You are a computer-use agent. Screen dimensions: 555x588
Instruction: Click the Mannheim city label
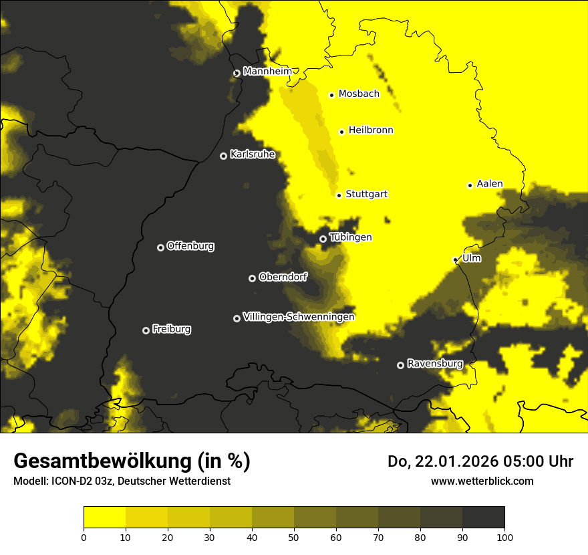[267, 72]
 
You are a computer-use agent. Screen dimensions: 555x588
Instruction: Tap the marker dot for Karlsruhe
[223, 156]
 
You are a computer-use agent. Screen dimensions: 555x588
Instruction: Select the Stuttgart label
[366, 195]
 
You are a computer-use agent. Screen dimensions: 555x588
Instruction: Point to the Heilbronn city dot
[341, 132]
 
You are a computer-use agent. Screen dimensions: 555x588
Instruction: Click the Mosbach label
[359, 94]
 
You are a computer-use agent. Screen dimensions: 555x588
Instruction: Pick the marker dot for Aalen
[470, 185]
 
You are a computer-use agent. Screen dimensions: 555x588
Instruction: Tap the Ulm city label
[471, 258]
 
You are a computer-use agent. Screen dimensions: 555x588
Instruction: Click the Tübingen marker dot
[323, 239]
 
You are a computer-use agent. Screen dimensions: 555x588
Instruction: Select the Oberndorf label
[283, 277]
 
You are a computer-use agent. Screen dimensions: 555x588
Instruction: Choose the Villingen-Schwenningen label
[299, 317]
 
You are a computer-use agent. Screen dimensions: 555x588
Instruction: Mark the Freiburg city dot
[146, 330]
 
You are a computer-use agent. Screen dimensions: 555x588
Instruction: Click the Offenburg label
[190, 246]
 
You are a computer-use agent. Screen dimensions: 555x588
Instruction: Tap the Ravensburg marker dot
[400, 365]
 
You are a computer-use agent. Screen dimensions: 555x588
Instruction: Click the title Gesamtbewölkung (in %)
[132, 461]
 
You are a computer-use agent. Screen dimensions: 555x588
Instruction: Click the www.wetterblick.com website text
[482, 481]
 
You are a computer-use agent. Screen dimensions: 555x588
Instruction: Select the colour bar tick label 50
[294, 536]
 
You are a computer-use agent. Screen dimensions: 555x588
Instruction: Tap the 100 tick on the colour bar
[504, 536]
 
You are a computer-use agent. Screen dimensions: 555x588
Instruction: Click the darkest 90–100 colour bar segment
[483, 518]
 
